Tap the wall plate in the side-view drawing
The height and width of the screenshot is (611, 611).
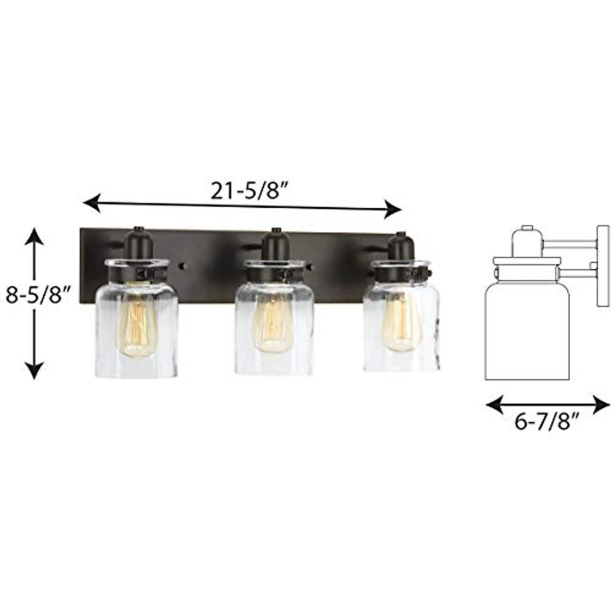(x=603, y=266)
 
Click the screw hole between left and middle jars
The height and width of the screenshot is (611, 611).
(x=184, y=266)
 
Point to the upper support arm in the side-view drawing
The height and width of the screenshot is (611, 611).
(x=570, y=246)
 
